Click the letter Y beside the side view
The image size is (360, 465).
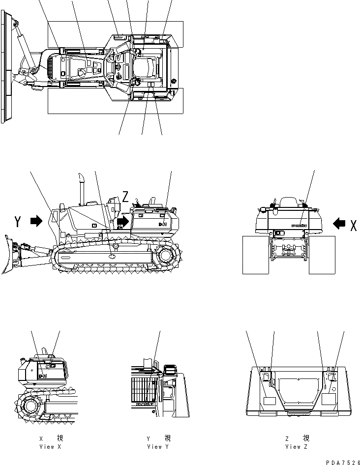tap(18, 222)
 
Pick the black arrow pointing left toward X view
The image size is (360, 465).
tap(339, 224)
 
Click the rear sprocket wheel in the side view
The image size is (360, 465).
tap(166, 257)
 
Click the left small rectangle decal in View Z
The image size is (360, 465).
tap(270, 401)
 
